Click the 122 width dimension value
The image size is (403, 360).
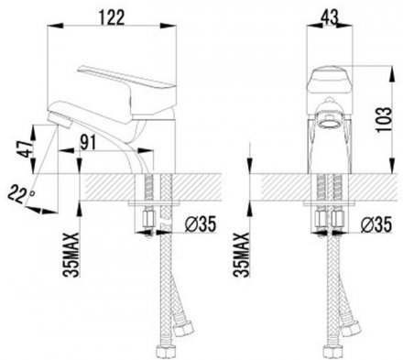[112, 17]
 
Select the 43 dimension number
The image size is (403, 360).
[330, 17]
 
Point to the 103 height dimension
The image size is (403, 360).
[384, 119]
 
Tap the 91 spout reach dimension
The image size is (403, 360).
[88, 142]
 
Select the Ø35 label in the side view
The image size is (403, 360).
[200, 224]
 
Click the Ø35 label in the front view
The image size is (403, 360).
[376, 224]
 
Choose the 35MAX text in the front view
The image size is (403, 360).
[241, 255]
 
